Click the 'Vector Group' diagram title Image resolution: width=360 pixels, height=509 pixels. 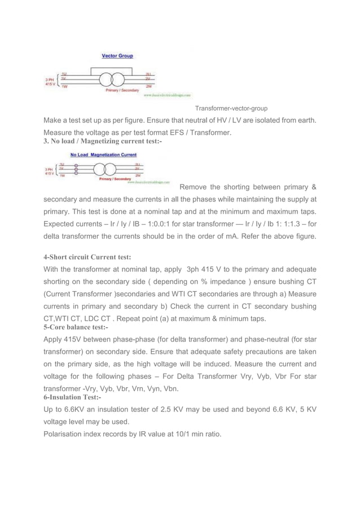point(117,56)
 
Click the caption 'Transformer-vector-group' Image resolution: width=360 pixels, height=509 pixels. point(231,108)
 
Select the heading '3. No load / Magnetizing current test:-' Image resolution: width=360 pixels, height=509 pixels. point(103,141)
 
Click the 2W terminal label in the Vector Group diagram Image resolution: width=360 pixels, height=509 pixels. point(148,87)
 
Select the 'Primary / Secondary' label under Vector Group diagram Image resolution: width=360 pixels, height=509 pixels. point(122,90)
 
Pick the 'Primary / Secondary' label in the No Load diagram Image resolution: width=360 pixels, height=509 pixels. point(115,179)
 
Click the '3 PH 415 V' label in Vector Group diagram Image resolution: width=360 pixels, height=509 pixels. point(50,82)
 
